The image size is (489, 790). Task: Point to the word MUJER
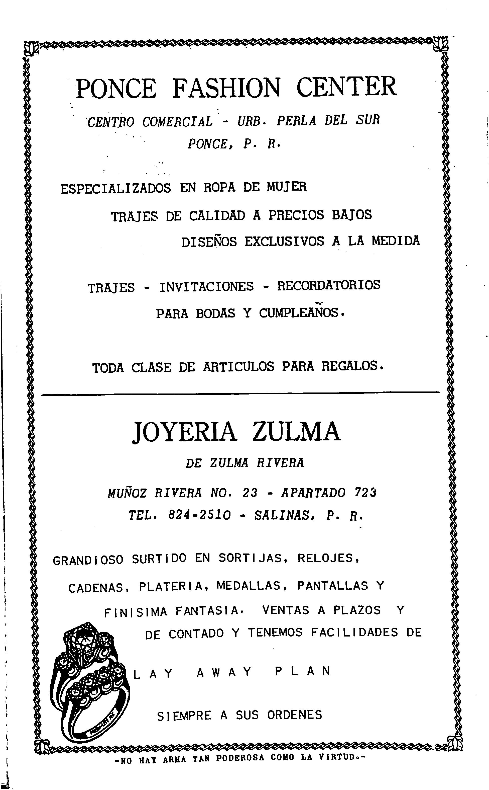click(287, 187)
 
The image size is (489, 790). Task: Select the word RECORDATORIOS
click(329, 285)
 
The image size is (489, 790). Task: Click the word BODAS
click(215, 313)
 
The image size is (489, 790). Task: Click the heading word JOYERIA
click(184, 432)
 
